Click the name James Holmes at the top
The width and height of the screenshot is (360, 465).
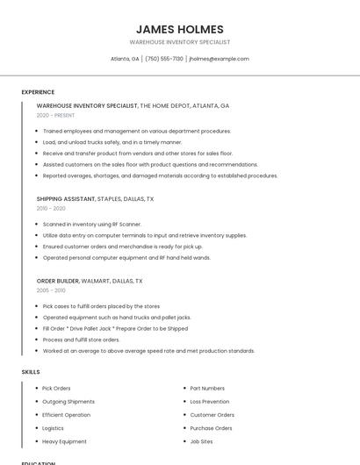(180, 29)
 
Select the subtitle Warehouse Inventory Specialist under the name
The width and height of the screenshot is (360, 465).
(180, 42)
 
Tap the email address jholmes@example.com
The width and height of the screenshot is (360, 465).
(220, 59)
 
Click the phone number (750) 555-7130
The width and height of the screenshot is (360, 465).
(164, 59)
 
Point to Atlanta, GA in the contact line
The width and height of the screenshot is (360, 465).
(125, 59)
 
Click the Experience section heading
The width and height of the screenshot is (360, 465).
(38, 92)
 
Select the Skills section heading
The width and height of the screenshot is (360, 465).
(31, 372)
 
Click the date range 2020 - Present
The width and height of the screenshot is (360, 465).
(55, 115)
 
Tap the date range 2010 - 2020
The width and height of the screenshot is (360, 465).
(51, 209)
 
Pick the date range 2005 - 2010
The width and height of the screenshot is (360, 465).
(51, 290)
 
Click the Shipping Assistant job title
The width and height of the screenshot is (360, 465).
(67, 199)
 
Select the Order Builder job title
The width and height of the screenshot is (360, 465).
(58, 281)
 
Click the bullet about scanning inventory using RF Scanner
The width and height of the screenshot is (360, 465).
(92, 224)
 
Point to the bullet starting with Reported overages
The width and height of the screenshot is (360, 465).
(160, 175)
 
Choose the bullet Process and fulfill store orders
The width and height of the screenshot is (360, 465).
(81, 340)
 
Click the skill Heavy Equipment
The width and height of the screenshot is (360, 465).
(64, 441)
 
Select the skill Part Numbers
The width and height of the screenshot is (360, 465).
(207, 388)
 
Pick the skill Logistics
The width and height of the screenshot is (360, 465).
(54, 428)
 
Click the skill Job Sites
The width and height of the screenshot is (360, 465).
(202, 441)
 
